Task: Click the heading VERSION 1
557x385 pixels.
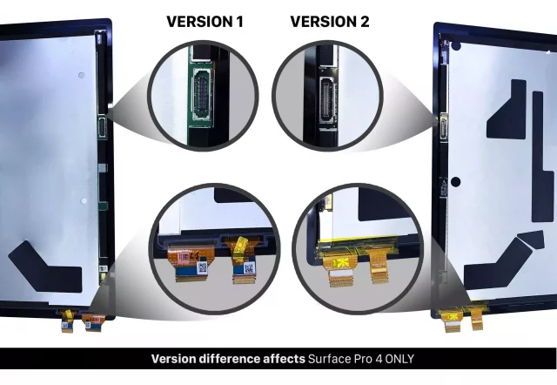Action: click(205, 22)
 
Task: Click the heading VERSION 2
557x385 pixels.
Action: click(330, 22)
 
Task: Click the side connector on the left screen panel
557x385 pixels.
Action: click(102, 127)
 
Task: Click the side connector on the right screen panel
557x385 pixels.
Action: click(444, 125)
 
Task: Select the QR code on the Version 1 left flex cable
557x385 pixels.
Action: click(202, 268)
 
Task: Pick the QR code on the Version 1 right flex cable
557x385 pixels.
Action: click(249, 267)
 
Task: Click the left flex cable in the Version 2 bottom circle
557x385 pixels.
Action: click(339, 268)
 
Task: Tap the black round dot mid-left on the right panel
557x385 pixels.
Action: click(455, 182)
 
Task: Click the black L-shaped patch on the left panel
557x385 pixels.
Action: click(46, 267)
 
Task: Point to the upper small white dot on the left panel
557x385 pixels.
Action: click(81, 75)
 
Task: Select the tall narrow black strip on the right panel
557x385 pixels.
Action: click(542, 157)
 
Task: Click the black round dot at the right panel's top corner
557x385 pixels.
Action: click(456, 46)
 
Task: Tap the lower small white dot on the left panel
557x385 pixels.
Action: click(84, 201)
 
